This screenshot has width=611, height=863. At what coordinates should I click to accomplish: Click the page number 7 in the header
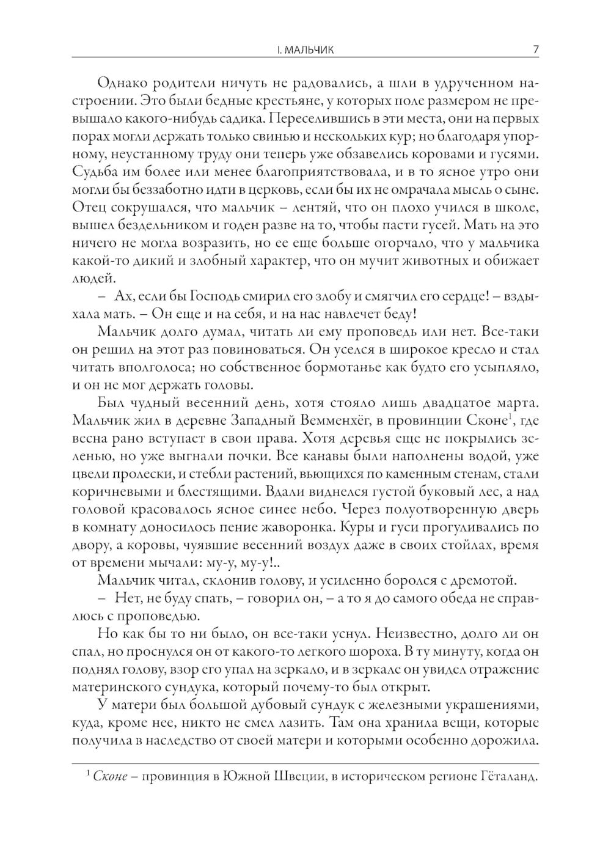tap(535, 50)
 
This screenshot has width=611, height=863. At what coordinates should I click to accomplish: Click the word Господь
tap(185, 297)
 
